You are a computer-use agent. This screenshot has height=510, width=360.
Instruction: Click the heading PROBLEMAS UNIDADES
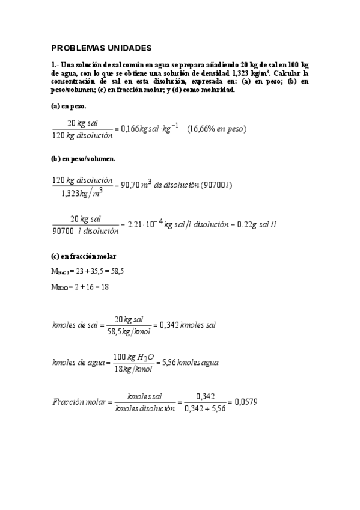pos(102,48)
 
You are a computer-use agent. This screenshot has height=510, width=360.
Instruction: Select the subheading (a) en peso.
pos(69,106)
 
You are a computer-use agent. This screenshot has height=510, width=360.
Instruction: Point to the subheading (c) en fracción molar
pos(83,256)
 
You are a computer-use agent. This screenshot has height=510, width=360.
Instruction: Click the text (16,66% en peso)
pos(217,129)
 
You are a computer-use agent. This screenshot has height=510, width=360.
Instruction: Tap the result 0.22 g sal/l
pos(255,224)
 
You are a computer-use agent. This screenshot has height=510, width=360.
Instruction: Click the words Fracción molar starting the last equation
pos(79,402)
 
